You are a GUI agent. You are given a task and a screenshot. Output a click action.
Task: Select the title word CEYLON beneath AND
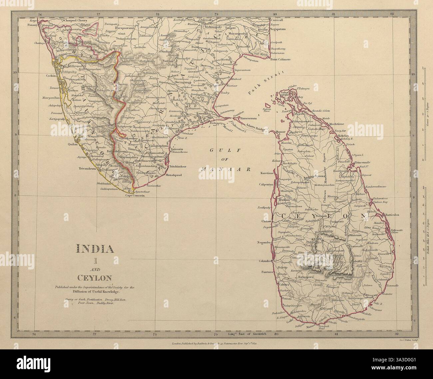pos(95,277)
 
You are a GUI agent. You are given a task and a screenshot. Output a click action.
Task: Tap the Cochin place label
pos(46,76)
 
